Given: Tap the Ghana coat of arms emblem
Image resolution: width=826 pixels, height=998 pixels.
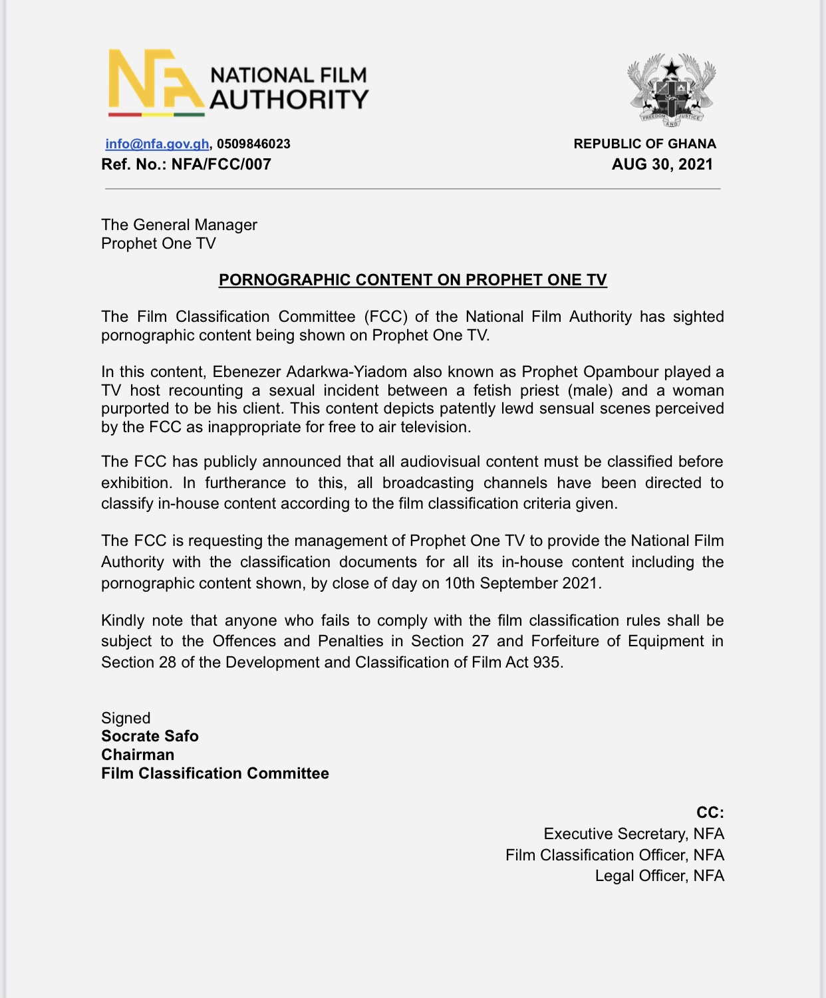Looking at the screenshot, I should [672, 90].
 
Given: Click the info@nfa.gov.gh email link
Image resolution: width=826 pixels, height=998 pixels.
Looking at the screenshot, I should [157, 144].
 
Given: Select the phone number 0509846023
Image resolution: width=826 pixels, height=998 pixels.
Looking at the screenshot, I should [253, 144].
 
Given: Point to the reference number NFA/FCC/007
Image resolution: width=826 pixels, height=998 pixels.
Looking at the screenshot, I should [221, 164].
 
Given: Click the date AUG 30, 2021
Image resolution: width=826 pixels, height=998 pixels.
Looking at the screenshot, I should [662, 164].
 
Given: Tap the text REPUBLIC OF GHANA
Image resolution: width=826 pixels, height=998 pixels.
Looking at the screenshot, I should [644, 144].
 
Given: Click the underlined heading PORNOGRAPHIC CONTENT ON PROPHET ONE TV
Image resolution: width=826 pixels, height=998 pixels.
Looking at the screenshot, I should [412, 280].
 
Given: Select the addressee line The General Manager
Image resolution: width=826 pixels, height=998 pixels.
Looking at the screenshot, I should [179, 225].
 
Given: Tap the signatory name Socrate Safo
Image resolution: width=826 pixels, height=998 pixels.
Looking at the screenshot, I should [150, 736].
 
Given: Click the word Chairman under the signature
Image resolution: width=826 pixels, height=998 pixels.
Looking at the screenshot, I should [138, 755].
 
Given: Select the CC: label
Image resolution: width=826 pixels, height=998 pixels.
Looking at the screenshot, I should [710, 812].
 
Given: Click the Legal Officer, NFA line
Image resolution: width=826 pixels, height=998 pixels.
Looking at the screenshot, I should [659, 876].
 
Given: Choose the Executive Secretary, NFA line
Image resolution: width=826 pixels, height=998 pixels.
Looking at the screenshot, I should [633, 834].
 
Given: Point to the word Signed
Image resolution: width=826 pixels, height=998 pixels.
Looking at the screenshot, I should [126, 718].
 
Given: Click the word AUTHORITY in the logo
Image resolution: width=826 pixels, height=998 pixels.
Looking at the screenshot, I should [289, 100].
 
